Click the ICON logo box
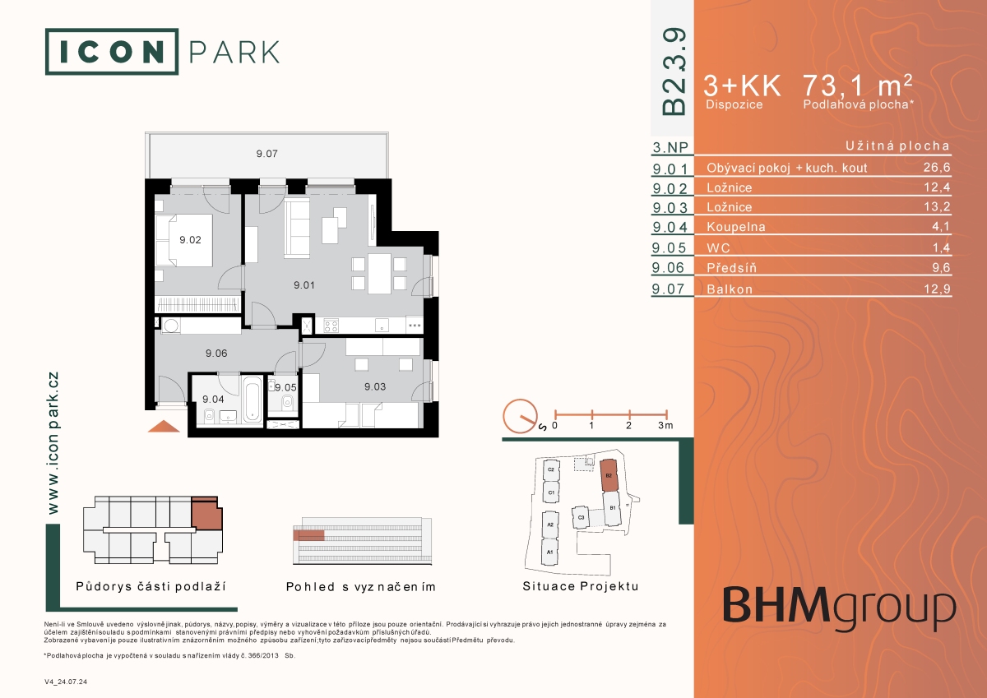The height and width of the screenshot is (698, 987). click(112, 52)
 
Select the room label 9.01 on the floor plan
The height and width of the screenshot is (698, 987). click(304, 285)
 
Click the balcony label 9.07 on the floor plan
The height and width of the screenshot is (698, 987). click(267, 154)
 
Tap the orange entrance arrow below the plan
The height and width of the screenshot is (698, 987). click(164, 426)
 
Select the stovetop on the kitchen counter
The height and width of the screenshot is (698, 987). click(331, 326)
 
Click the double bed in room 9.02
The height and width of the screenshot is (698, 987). click(184, 240)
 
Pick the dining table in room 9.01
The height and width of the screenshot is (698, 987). click(380, 274)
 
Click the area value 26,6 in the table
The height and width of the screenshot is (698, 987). click(937, 168)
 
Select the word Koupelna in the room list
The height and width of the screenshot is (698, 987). click(736, 227)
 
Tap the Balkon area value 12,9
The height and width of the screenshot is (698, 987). click(937, 289)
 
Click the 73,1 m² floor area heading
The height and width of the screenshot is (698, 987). click(857, 85)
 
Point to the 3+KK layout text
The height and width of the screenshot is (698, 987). click(742, 85)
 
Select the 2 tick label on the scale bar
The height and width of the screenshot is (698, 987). click(628, 425)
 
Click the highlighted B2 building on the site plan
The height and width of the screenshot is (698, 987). click(609, 475)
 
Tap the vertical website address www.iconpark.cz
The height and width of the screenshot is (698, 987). click(53, 443)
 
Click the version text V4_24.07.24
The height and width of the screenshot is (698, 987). click(66, 682)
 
